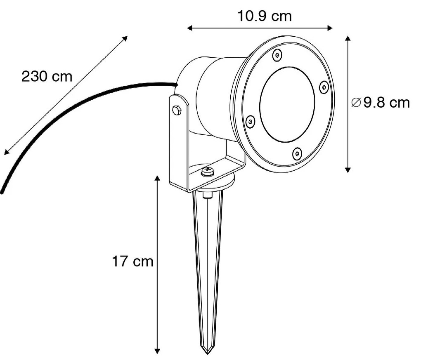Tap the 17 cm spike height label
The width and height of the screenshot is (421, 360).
(132, 261)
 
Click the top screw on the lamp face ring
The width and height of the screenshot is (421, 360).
(278, 53)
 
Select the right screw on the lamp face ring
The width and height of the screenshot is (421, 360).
(324, 87)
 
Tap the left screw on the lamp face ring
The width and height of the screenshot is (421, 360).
(250, 121)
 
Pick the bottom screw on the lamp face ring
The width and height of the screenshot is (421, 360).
(297, 154)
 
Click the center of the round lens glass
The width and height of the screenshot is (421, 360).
(287, 104)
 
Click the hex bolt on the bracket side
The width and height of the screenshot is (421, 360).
(177, 111)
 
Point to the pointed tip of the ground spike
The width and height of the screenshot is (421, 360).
(207, 353)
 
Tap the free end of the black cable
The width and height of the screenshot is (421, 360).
(2, 191)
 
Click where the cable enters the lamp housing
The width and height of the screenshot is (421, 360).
(176, 85)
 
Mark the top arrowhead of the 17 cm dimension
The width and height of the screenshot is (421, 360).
(157, 178)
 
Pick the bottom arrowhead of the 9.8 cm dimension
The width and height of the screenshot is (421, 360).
(348, 169)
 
